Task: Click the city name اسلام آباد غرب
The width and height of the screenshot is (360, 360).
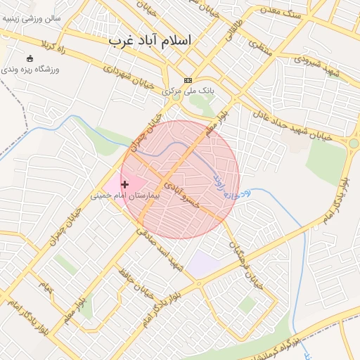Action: (x=149, y=41)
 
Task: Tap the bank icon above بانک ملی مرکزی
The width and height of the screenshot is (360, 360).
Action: (x=188, y=81)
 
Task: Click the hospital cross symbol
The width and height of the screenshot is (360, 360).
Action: (x=125, y=184)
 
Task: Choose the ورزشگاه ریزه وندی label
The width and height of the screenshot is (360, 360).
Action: (x=32, y=70)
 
